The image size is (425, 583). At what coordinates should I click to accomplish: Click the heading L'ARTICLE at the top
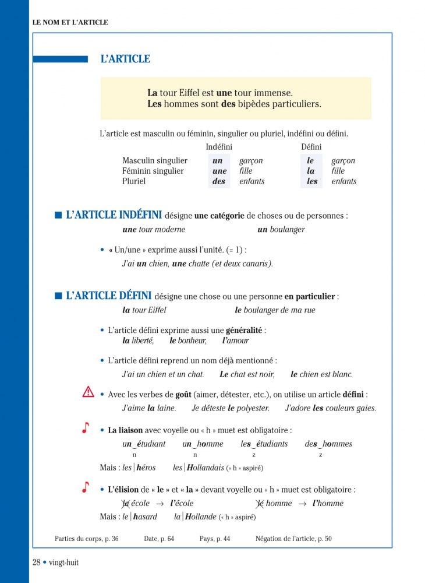pos(125,59)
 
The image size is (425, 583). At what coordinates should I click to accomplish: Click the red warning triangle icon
pos(88,392)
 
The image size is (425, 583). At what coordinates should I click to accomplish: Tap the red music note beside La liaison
pos(86,429)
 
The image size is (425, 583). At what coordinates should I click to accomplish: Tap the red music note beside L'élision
pos(86,487)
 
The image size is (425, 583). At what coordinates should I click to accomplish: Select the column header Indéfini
pos(219,147)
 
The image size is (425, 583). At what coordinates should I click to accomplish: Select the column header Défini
pos(311,147)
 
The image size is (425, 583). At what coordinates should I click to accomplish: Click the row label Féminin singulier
pos(153,171)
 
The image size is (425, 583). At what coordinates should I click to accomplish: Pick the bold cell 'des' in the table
pos(218,181)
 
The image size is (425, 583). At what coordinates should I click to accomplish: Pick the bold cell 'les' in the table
pos(312,181)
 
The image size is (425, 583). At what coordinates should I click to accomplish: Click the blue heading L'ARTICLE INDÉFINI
pos(114,215)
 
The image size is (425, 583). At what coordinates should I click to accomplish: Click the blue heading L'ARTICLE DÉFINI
pos(108,296)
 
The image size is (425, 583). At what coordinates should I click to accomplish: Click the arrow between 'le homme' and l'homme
pos(302,503)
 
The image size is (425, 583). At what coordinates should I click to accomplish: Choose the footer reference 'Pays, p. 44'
pos(215,539)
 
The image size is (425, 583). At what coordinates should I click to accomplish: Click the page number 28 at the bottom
pos(37,563)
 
